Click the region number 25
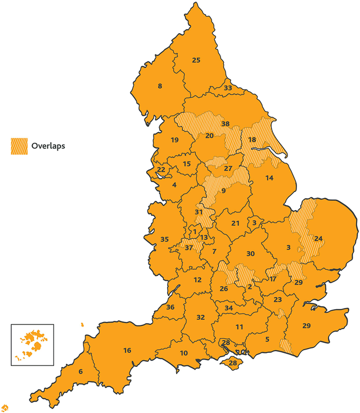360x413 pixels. [196, 60]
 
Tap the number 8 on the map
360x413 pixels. [160, 86]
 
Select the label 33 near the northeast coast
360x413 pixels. [228, 88]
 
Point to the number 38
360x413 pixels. [226, 124]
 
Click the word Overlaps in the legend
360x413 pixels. [48, 146]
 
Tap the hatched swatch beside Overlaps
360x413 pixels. [19, 146]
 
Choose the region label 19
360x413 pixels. [174, 140]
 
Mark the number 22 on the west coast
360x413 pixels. [161, 169]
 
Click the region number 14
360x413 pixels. [269, 178]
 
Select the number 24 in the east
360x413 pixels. [318, 238]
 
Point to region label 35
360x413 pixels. [164, 239]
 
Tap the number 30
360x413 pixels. [251, 254]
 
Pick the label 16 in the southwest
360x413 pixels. [127, 351]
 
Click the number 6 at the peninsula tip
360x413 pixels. [80, 371]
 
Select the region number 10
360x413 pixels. [183, 353]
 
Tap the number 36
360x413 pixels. [170, 307]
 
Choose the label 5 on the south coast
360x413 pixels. [268, 339]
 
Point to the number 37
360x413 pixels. [189, 248]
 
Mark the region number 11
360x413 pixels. [240, 327]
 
